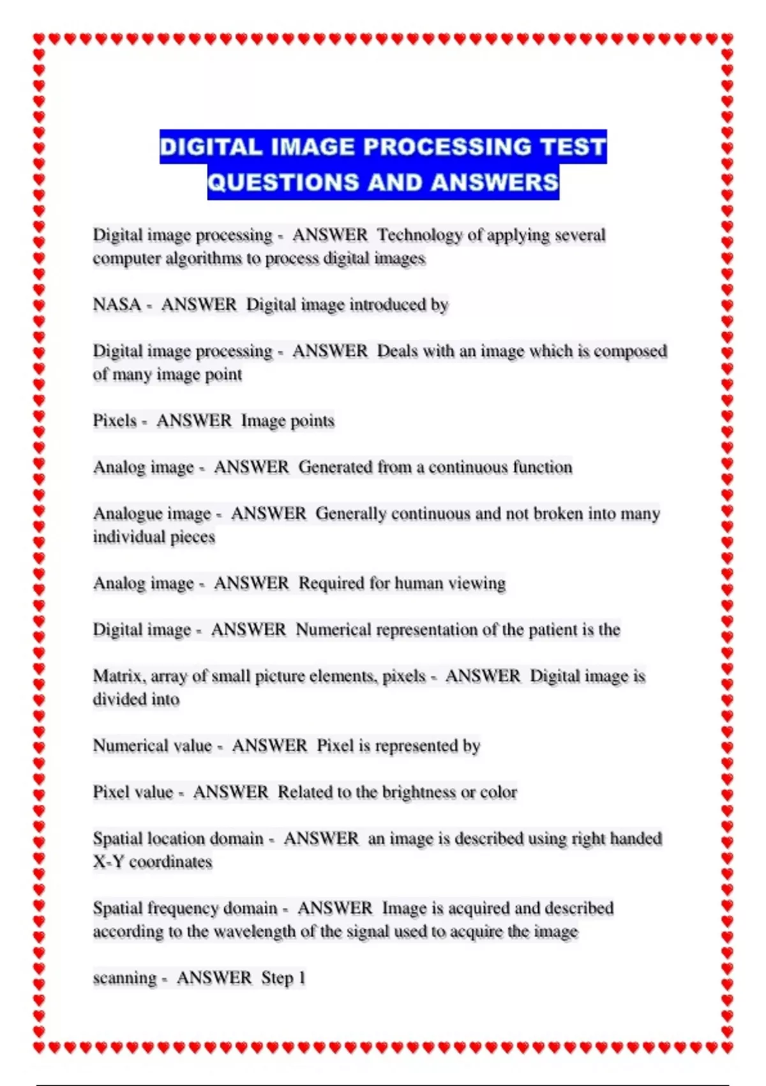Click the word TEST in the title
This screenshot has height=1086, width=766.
(x=573, y=147)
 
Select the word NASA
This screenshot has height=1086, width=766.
(x=117, y=304)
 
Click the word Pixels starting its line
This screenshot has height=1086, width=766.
(x=115, y=420)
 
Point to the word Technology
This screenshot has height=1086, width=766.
(x=419, y=234)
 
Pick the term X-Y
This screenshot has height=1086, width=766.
(x=109, y=862)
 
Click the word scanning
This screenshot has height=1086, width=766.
(x=124, y=978)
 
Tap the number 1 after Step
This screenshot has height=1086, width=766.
(x=302, y=978)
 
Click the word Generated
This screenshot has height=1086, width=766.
(x=336, y=467)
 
